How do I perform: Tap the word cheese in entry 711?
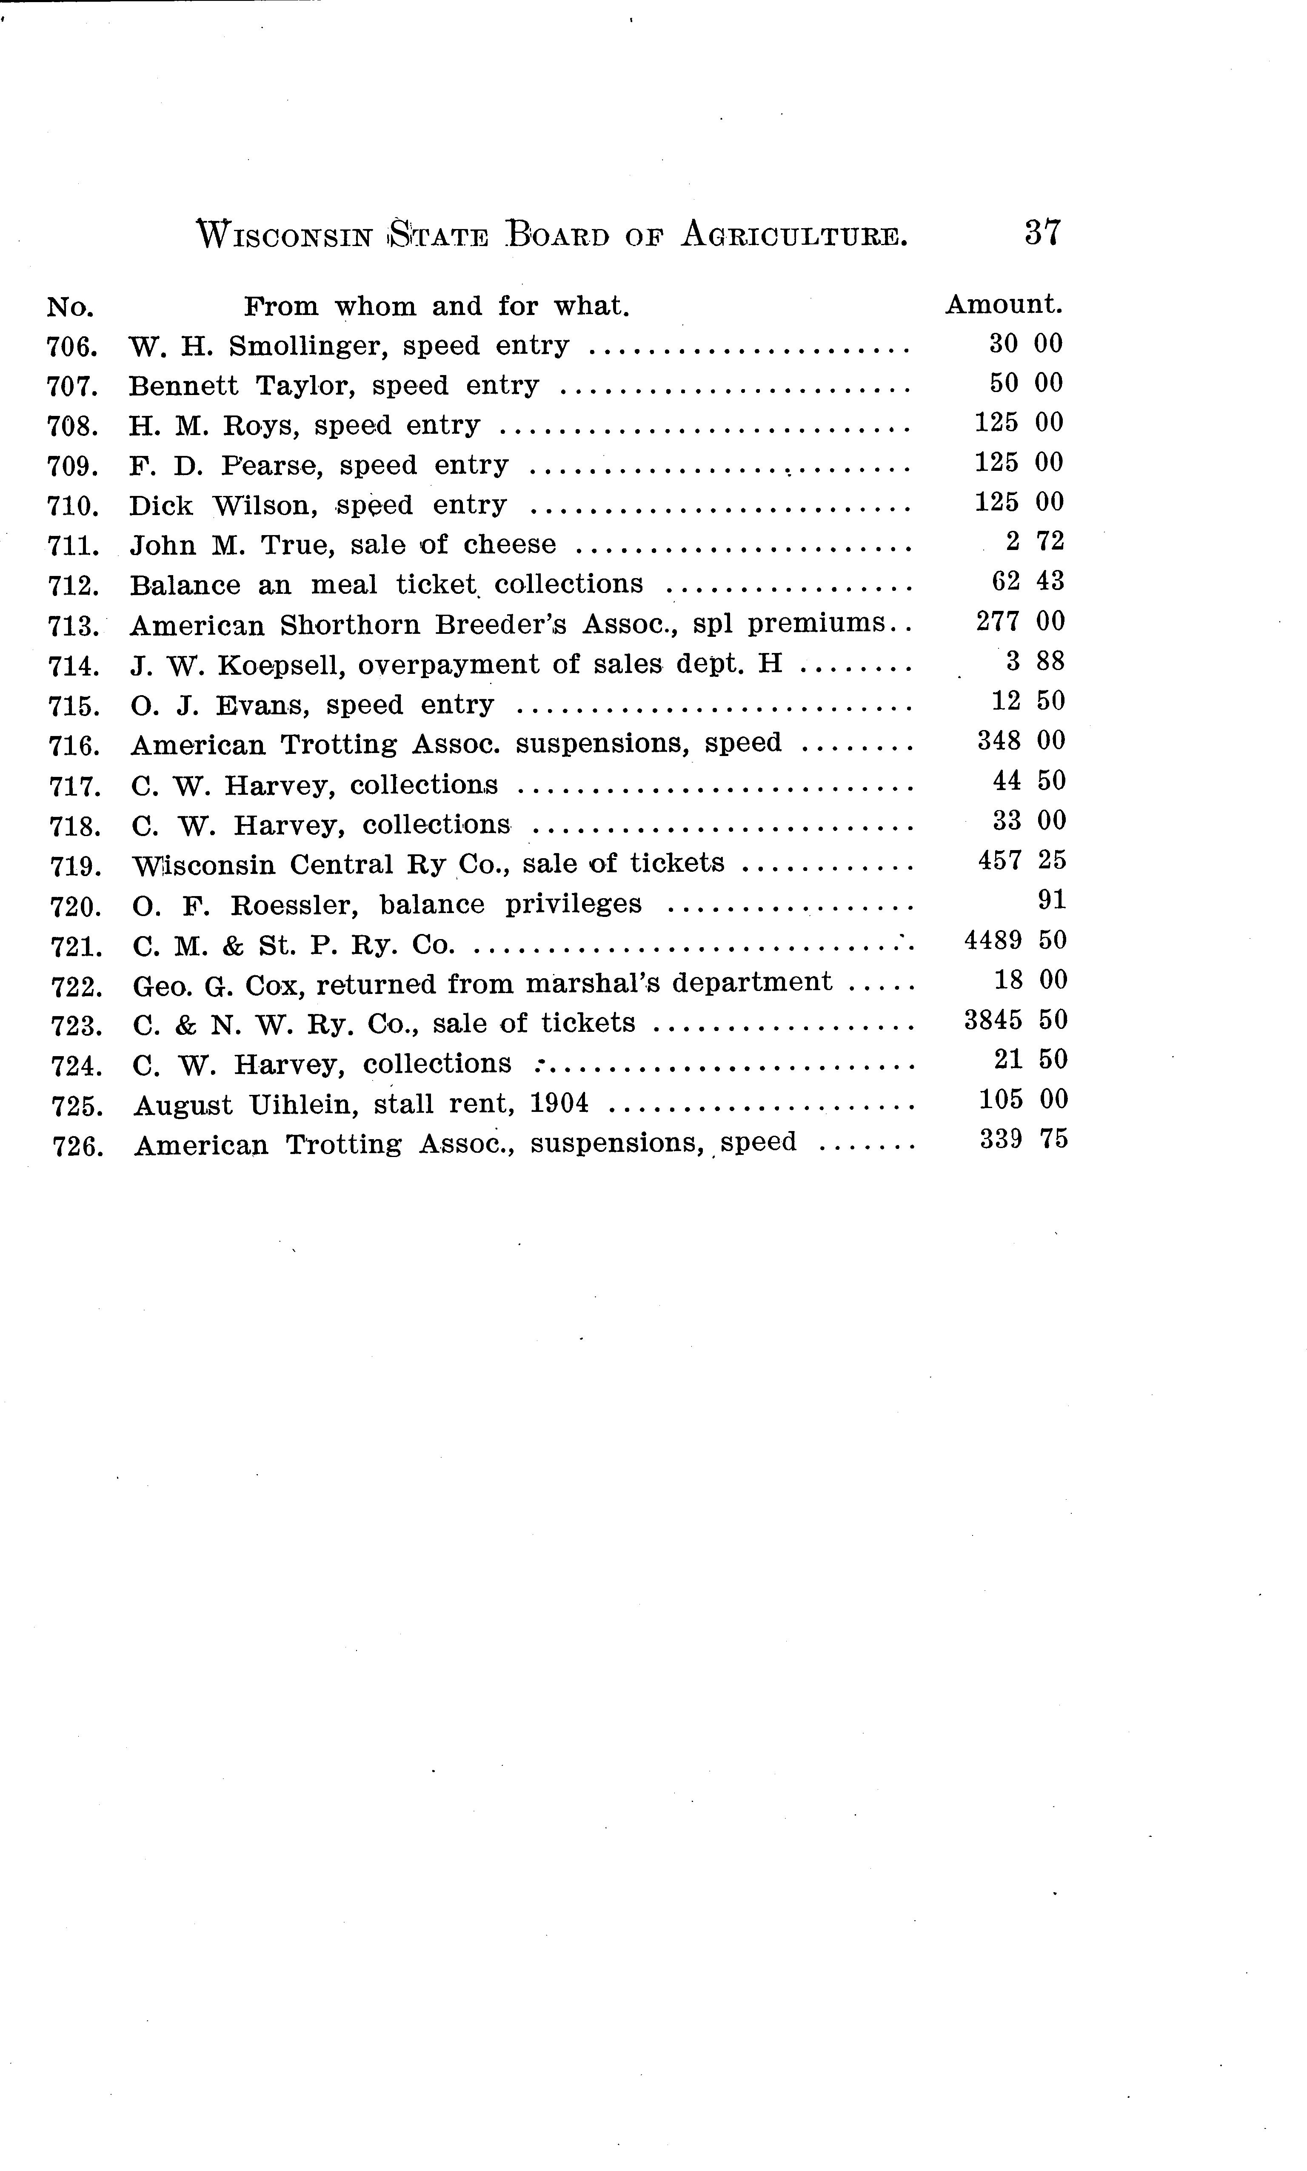[x=510, y=544]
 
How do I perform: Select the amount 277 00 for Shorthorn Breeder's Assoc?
[x=1020, y=621]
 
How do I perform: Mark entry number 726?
[x=77, y=1147]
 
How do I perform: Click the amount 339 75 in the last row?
[x=1022, y=1139]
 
